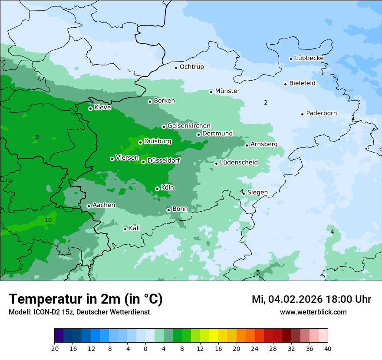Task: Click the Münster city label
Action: tap(227, 91)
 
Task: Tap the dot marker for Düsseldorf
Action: tap(144, 162)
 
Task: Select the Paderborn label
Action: tap(321, 114)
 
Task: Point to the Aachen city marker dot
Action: tap(89, 206)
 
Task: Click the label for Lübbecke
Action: tap(309, 58)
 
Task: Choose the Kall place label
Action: tap(134, 228)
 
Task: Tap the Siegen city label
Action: tap(257, 193)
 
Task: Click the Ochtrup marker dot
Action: tap(176, 67)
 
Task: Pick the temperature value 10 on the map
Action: tap(48, 220)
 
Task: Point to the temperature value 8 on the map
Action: tap(37, 137)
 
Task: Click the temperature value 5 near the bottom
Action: tap(257, 272)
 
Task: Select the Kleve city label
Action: tap(102, 108)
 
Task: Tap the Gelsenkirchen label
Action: tap(189, 126)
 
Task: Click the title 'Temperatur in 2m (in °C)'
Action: tap(86, 299)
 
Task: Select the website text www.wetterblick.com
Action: tap(313, 312)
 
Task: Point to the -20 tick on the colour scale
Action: tap(54, 348)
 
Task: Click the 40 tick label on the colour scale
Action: tap(327, 348)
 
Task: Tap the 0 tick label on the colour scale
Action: tap(145, 348)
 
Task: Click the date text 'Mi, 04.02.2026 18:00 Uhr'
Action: tap(311, 299)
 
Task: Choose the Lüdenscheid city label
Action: tap(239, 163)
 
